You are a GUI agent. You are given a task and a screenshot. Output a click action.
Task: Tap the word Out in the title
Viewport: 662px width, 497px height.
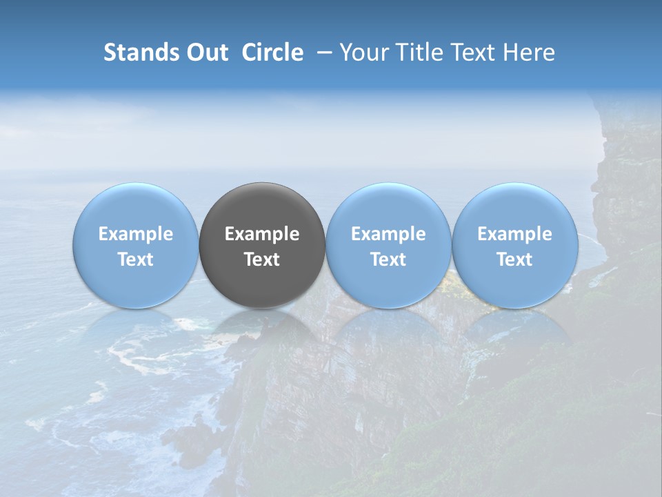tap(207, 52)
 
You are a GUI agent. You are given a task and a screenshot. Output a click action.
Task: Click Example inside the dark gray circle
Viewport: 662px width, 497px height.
tap(262, 234)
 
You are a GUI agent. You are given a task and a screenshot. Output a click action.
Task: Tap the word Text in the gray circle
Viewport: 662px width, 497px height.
tap(262, 260)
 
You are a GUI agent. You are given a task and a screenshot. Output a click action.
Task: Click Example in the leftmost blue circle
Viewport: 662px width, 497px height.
tap(136, 234)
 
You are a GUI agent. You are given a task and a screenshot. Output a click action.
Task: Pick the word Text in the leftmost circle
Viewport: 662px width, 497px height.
tap(136, 260)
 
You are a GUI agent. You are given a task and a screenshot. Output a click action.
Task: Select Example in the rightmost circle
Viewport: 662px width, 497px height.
tap(514, 234)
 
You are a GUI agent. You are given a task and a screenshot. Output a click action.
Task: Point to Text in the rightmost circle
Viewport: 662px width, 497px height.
tap(514, 260)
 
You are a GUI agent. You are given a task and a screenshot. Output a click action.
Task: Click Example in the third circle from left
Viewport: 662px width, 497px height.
tap(388, 234)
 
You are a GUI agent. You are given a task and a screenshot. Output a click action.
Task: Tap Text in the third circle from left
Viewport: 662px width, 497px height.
tap(388, 260)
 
